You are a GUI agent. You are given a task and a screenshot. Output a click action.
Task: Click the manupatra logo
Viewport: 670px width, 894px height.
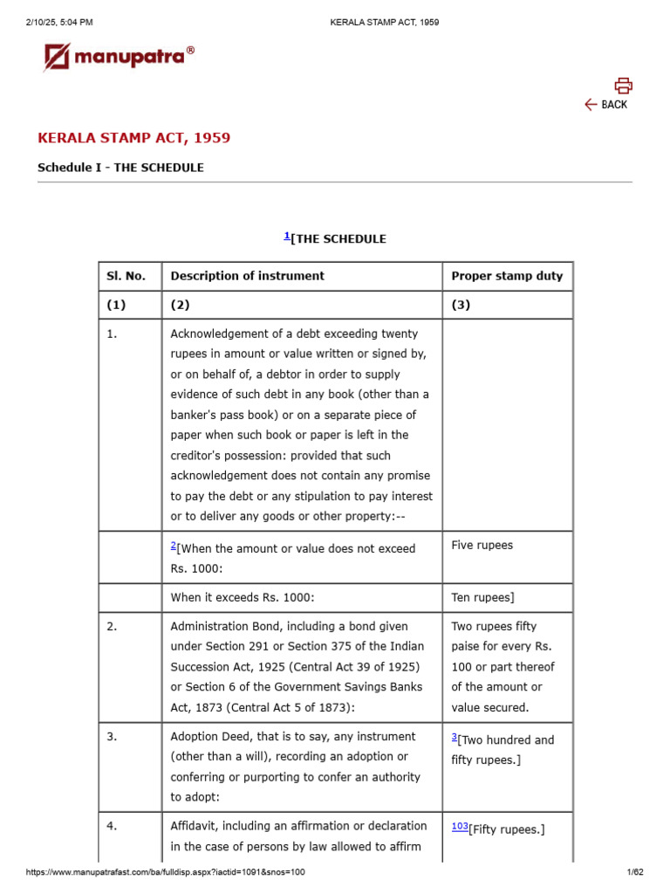pyautogui.click(x=119, y=58)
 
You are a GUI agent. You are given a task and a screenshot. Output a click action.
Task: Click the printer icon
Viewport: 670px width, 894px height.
pyautogui.click(x=622, y=85)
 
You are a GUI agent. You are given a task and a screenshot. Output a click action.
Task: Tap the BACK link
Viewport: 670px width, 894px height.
pyautogui.click(x=606, y=105)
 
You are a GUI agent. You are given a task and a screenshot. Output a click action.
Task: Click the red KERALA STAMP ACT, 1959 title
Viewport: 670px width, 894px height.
pyautogui.click(x=133, y=138)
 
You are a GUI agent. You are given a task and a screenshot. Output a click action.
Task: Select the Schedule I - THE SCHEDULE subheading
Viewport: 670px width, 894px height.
pyautogui.click(x=120, y=168)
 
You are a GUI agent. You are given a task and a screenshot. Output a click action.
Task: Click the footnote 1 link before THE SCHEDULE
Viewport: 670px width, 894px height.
pyautogui.click(x=287, y=236)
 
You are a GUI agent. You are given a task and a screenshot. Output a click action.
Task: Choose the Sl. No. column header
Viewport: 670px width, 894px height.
pyautogui.click(x=126, y=276)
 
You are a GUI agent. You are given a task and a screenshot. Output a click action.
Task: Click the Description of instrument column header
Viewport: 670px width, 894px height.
pyautogui.click(x=247, y=276)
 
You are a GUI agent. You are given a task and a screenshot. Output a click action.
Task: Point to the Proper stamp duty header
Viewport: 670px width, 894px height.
pyautogui.click(x=507, y=276)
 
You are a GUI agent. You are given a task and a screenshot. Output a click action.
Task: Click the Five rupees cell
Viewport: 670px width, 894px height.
pyautogui.click(x=482, y=546)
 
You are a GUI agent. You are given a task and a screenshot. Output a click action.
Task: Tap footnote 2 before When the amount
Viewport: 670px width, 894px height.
pyautogui.click(x=173, y=545)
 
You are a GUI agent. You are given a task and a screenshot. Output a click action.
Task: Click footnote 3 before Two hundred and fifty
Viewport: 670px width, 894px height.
pyautogui.click(x=455, y=737)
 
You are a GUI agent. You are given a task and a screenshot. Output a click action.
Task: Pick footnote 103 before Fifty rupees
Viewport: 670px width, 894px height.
pyautogui.click(x=459, y=826)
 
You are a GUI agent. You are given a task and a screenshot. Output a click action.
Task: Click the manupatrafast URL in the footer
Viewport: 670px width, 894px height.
pyautogui.click(x=166, y=872)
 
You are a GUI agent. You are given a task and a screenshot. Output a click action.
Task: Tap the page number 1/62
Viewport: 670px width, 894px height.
pyautogui.click(x=634, y=872)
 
